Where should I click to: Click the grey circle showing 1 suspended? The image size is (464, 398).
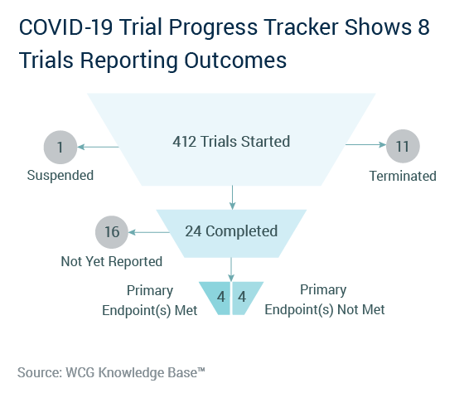coord(60,148)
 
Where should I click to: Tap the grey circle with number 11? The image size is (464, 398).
coord(403,146)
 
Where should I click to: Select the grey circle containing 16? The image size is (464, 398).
coord(112,232)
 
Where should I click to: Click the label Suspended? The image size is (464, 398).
coord(60,175)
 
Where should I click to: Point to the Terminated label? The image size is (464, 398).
coord(403,176)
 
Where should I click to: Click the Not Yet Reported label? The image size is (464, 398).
coord(112,261)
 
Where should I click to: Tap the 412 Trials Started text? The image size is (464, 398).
coord(231,142)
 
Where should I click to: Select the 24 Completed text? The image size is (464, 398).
coord(231,231)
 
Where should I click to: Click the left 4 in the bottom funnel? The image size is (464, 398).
coord(220,297)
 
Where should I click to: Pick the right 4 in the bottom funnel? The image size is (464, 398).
coord(242,297)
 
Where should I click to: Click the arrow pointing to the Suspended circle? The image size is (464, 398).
coord(98,147)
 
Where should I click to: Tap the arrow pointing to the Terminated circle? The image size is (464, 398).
coord(365,144)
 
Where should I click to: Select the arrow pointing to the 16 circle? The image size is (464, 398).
coord(149,232)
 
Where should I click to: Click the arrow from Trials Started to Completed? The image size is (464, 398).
coord(233,197)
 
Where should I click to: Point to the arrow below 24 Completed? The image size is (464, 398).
coord(231,269)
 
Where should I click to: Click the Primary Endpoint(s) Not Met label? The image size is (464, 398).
coord(324,299)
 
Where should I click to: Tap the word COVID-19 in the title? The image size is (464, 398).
coord(65,27)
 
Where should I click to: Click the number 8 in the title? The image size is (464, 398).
coord(423,27)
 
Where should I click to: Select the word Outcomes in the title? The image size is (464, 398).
coord(235,61)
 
